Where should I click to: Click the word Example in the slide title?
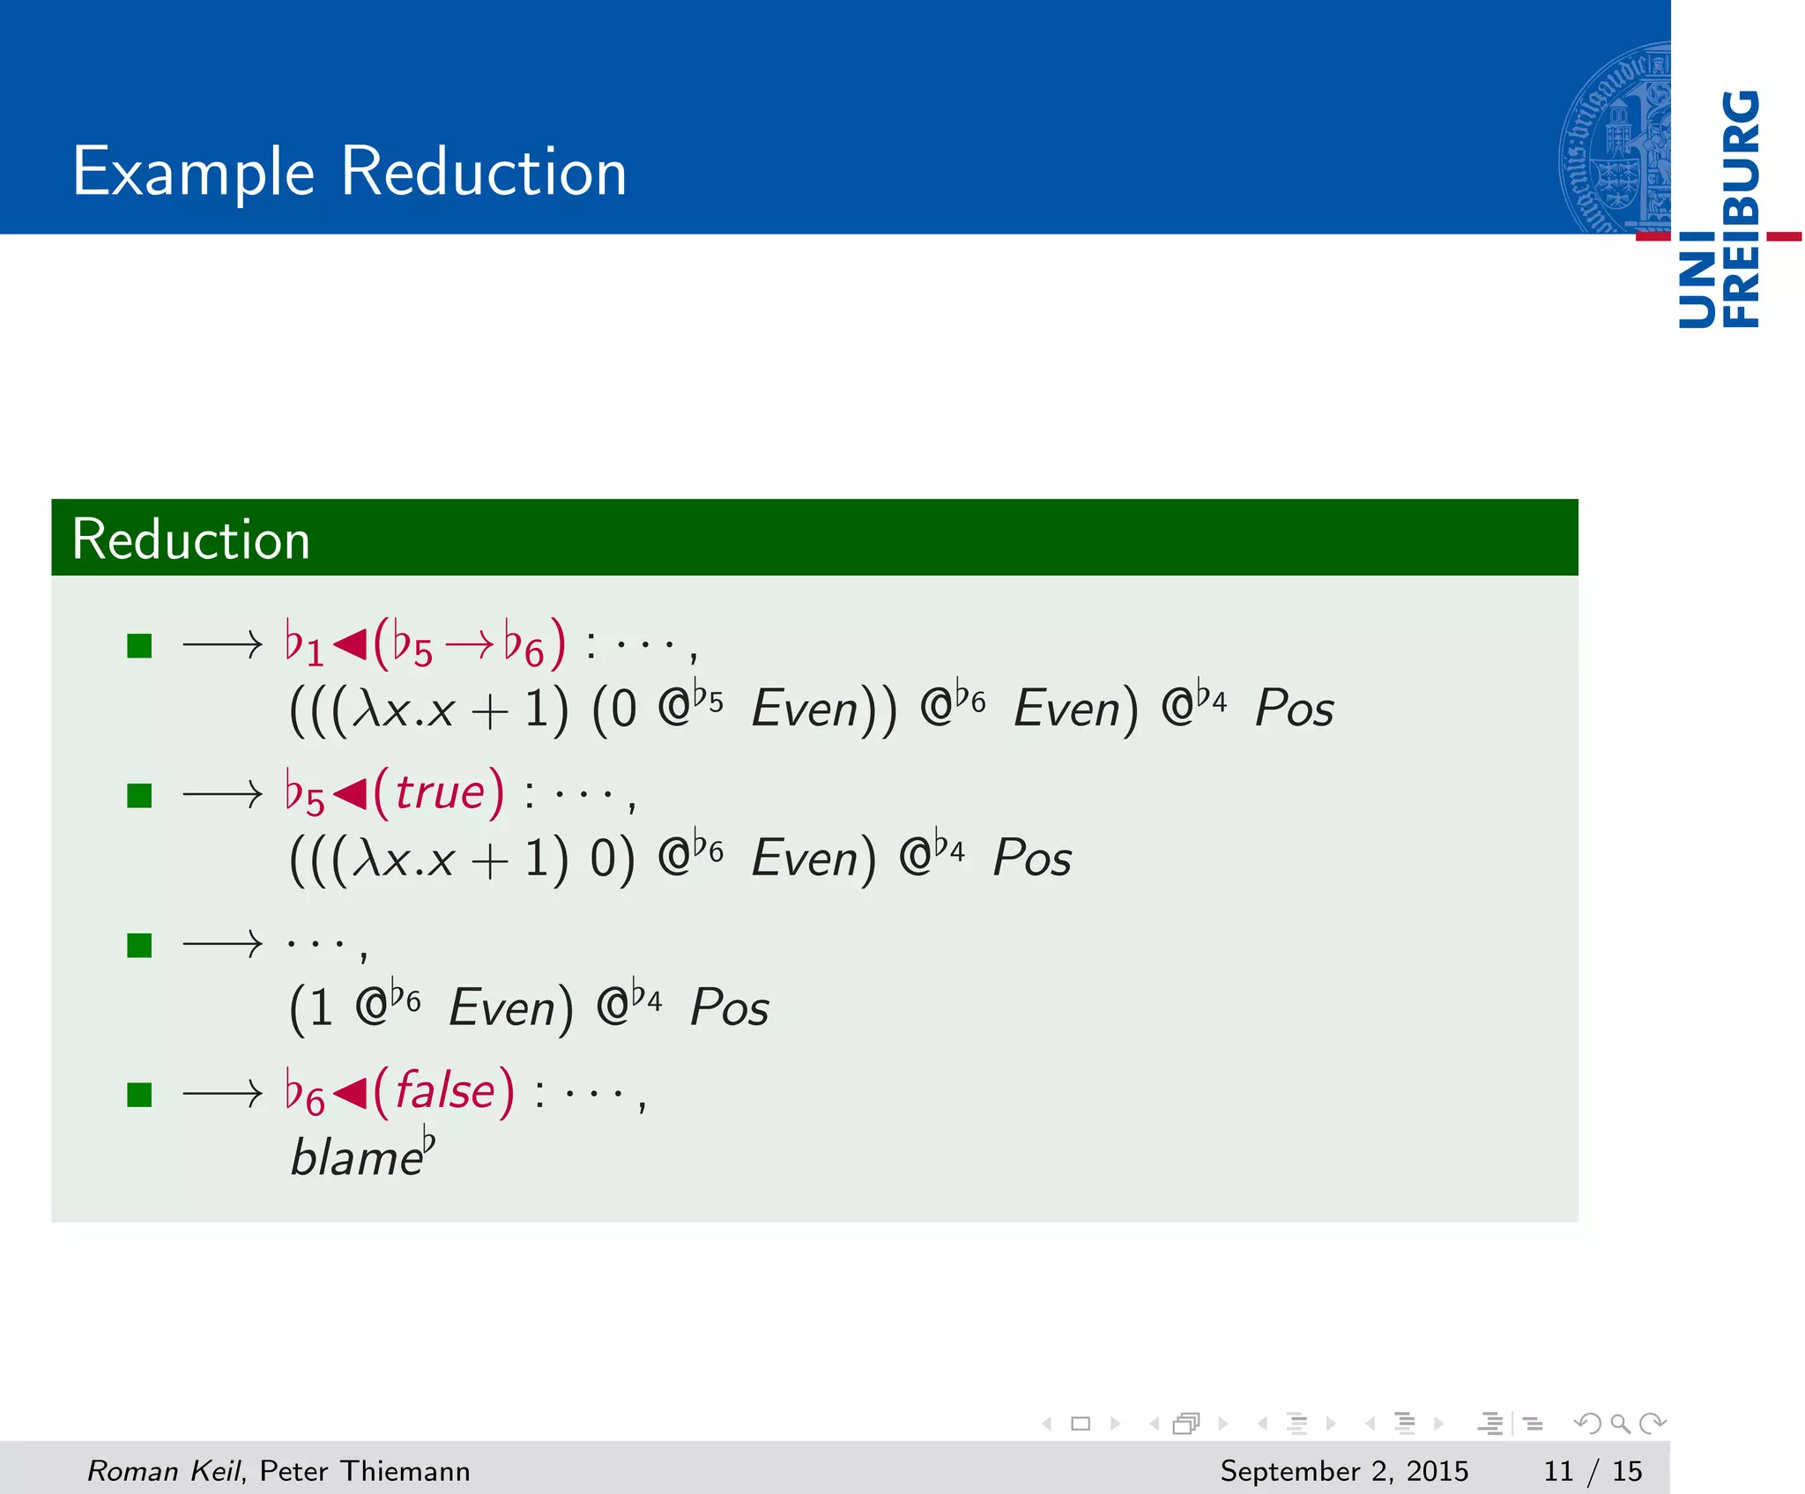193,172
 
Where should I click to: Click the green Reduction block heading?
190,539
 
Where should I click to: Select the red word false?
444,1091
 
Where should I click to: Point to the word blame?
356,1158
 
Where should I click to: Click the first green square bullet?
139,646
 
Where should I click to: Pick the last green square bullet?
139,1095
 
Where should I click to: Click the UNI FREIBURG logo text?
1719,210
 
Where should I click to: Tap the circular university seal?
1613,138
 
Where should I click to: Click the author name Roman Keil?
164,1471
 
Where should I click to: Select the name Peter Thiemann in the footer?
365,1471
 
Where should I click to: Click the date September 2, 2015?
1343,1471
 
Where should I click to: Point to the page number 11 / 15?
1592,1471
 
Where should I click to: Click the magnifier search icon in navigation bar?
1620,1423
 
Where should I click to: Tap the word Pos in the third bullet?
729,1007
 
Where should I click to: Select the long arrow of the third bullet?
222,945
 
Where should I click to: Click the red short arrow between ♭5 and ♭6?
469,646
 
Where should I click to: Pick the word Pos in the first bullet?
1294,708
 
